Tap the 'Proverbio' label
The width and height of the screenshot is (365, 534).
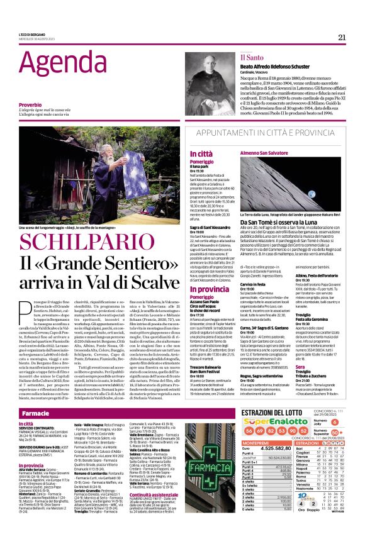[x=30, y=104]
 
